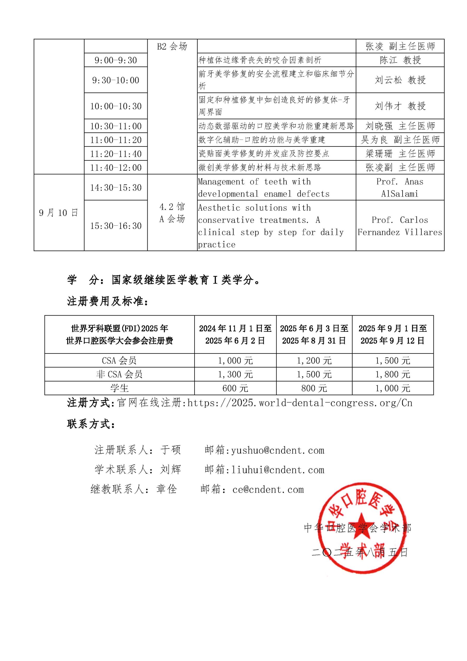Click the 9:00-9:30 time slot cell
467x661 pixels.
point(116,60)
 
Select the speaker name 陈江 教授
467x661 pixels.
point(400,60)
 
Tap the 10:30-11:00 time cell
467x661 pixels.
point(116,126)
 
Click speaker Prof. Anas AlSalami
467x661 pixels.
point(400,187)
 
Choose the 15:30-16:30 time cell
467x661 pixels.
point(116,226)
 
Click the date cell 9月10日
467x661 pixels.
point(59,213)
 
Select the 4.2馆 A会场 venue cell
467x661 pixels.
point(172,213)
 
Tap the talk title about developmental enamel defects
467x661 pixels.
point(264,187)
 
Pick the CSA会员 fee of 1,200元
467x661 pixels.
point(314,360)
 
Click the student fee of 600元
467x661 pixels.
point(235,388)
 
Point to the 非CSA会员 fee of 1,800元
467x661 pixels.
point(393,374)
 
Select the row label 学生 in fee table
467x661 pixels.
point(119,388)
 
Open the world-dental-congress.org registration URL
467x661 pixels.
point(300,403)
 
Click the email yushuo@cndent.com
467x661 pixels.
point(278,450)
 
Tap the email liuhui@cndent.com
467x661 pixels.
point(278,470)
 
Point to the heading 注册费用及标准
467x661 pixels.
point(108,301)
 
